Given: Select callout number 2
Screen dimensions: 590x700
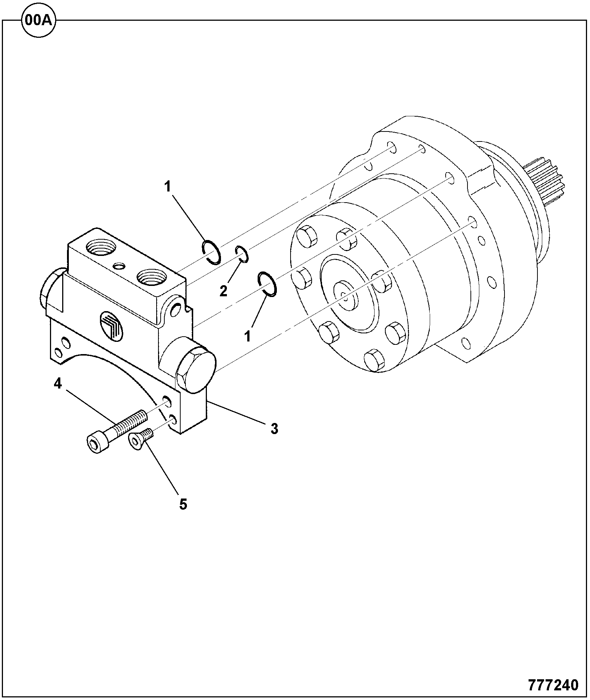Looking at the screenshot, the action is (223, 291).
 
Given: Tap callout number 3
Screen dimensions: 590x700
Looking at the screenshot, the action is (274, 429).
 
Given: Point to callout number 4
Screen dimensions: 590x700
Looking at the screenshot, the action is (58, 384).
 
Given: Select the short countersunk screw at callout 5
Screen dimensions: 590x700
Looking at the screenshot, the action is (140, 438).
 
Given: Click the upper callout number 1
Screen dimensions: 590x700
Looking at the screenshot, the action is (168, 187).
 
